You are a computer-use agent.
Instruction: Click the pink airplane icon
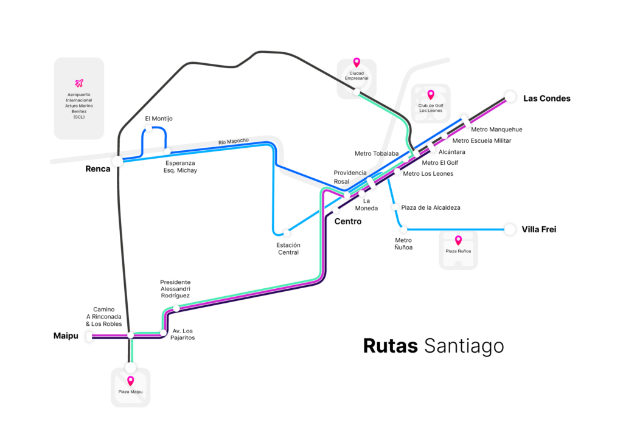click(78, 83)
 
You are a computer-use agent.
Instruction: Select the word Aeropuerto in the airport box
click(78, 95)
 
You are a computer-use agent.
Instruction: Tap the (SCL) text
click(78, 117)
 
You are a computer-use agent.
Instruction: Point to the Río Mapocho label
click(234, 142)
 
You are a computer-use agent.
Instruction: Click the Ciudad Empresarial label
click(357, 75)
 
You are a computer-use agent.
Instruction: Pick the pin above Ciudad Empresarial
click(357, 62)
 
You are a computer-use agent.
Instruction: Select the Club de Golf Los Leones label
click(431, 108)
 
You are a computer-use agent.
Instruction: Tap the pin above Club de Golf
click(431, 95)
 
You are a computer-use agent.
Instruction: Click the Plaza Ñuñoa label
click(458, 251)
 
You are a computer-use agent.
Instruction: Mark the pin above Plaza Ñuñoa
click(458, 240)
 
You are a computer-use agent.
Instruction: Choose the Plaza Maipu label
click(130, 392)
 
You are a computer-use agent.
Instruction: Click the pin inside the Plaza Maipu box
click(130, 381)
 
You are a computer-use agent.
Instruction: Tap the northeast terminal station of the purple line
click(510, 97)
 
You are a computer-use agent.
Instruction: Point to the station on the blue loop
click(148, 128)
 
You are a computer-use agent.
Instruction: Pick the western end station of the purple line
click(89, 336)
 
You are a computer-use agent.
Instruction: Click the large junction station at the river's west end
click(117, 161)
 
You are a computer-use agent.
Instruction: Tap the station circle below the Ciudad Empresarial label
click(357, 92)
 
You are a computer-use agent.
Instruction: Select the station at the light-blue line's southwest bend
click(287, 233)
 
